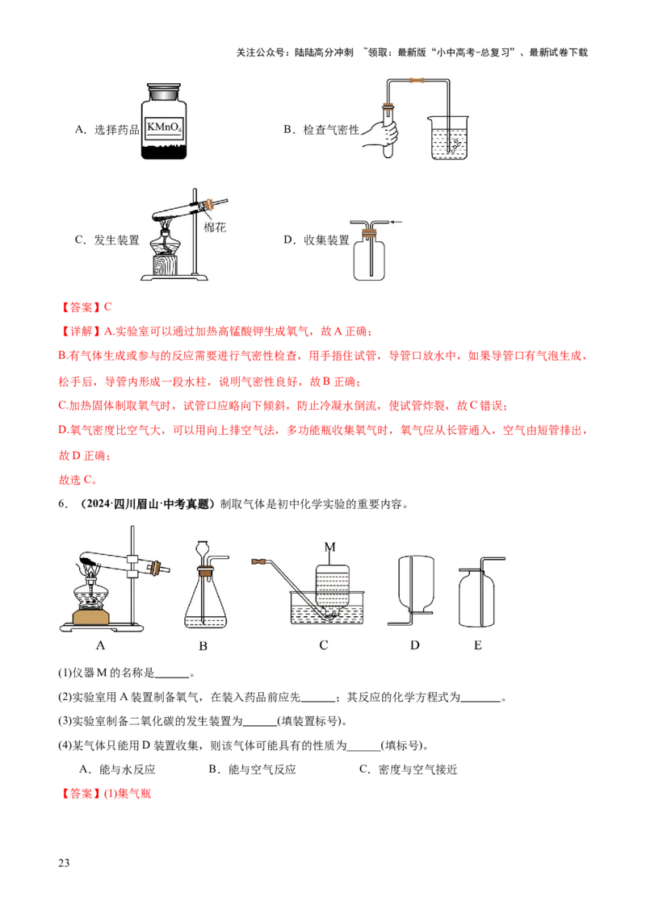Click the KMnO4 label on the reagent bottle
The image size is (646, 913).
pyautogui.click(x=164, y=127)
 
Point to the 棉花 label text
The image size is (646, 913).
pyautogui.click(x=215, y=227)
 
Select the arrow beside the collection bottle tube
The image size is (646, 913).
pyautogui.click(x=396, y=222)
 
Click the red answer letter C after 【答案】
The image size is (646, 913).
pyautogui.click(x=108, y=306)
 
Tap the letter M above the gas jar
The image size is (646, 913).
pyautogui.click(x=330, y=547)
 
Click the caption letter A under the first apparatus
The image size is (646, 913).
pyautogui.click(x=100, y=645)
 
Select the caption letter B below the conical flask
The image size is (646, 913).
pyautogui.click(x=203, y=646)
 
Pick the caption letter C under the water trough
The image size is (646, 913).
pyautogui.click(x=324, y=645)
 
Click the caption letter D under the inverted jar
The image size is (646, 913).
pyautogui.click(x=414, y=645)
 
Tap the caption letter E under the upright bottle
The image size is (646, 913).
pyautogui.click(x=477, y=645)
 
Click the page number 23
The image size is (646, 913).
pyautogui.click(x=64, y=863)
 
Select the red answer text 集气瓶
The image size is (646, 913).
pyautogui.click(x=134, y=794)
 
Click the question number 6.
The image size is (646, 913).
pyautogui.click(x=62, y=504)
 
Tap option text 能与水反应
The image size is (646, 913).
pyautogui.click(x=127, y=769)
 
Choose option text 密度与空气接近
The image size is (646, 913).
pyautogui.click(x=417, y=769)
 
